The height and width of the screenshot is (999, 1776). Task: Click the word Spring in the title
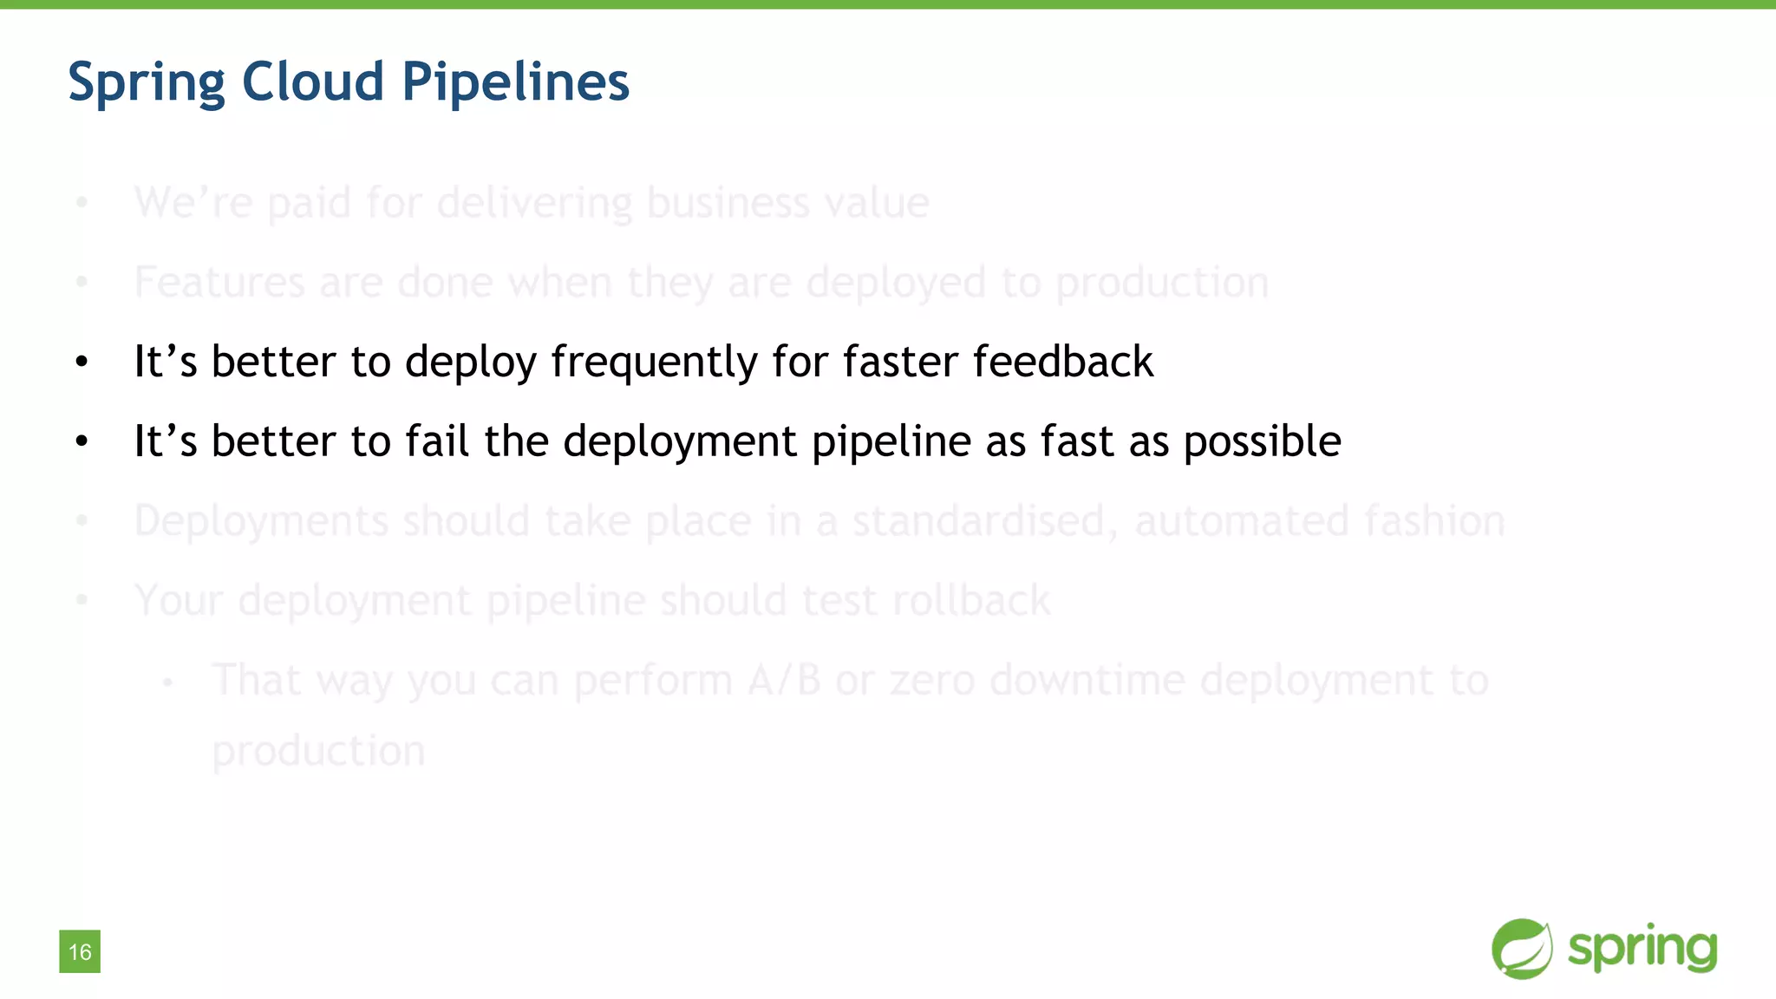[x=147, y=83]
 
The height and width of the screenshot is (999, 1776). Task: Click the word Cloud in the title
[x=313, y=82]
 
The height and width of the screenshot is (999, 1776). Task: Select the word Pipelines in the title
[x=515, y=83]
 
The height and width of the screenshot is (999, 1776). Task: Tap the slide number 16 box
[x=80, y=951]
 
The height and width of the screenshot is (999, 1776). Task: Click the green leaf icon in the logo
[x=1521, y=949]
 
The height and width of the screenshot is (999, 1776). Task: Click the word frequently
[x=654, y=362]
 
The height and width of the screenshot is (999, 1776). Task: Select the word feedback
[x=1063, y=361]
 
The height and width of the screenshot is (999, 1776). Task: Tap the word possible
[x=1262, y=442]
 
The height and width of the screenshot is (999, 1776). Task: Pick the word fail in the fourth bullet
[x=438, y=441]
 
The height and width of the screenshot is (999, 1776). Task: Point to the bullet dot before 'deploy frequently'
[x=82, y=362]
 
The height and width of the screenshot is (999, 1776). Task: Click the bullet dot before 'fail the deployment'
[x=82, y=442]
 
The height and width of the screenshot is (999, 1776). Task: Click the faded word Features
[x=219, y=283]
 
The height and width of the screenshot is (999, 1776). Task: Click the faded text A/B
[x=784, y=680]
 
